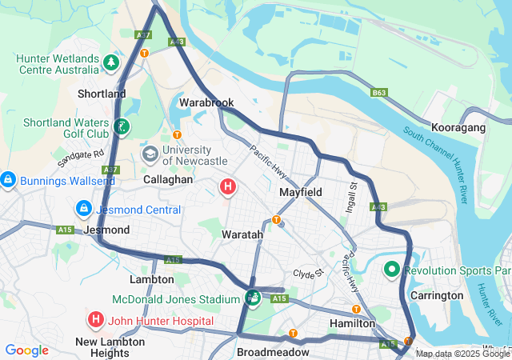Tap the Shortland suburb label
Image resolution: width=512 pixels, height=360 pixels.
pos(102,94)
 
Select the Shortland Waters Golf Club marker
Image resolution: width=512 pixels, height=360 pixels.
pos(121,126)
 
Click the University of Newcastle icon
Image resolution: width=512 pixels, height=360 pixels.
pos(150,152)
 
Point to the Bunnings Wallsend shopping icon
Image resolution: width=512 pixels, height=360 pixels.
pos(8,180)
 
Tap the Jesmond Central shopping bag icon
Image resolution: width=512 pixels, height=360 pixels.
pos(83,209)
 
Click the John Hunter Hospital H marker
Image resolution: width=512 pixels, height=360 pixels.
pos(96,321)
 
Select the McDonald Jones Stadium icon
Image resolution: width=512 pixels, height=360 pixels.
pos(252,298)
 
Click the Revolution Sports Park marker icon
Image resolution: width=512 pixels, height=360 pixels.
pos(392,270)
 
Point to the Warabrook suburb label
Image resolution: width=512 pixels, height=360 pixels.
pos(206,103)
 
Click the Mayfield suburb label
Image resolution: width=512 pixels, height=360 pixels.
pos(301,193)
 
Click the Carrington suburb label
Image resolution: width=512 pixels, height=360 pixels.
pos(437,295)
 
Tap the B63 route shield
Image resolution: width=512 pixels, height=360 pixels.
pos(379,93)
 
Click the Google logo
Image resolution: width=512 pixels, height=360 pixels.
pos(26,350)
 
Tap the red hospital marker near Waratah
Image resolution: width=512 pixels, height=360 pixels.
pos(228,187)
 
